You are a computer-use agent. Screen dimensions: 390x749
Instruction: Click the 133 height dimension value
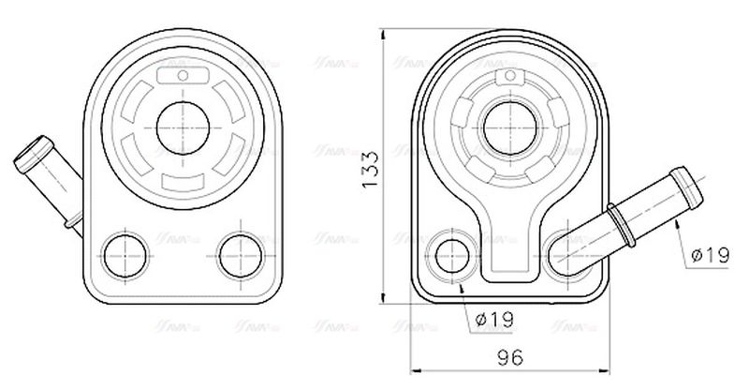tap(370, 170)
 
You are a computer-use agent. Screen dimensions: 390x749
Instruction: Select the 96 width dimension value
tap(509, 357)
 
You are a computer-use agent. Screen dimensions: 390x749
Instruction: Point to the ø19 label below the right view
tap(494, 319)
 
